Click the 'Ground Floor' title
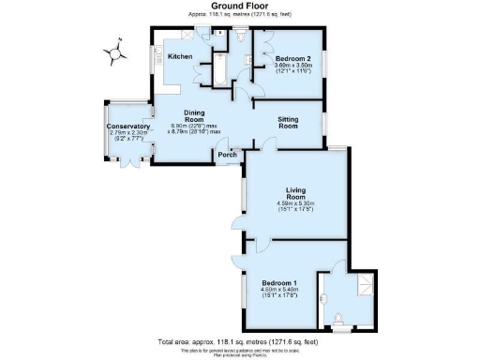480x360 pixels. (x=240, y=6)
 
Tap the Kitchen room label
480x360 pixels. (x=180, y=57)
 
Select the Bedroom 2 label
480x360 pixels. (x=293, y=57)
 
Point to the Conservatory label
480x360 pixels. (x=128, y=127)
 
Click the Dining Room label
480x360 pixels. (x=194, y=116)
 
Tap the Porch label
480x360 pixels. (x=226, y=156)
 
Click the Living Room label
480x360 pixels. (x=294, y=192)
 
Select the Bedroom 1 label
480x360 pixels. (x=280, y=283)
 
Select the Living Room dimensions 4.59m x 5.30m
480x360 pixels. (x=294, y=203)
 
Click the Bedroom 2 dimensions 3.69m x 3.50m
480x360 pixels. (x=293, y=65)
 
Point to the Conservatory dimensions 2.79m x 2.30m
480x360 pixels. (x=128, y=133)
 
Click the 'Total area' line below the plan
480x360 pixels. (x=240, y=341)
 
